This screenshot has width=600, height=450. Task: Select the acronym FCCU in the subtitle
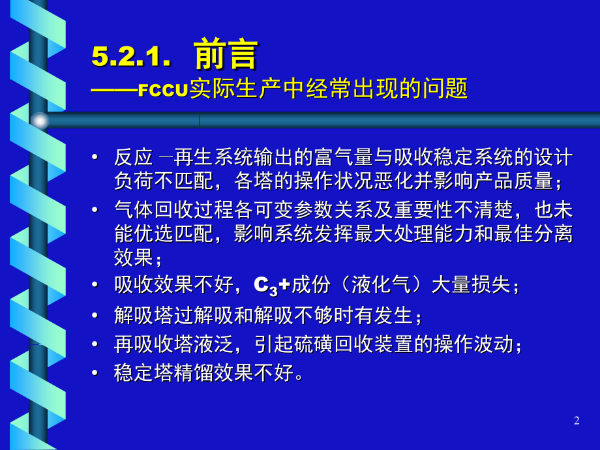point(163,89)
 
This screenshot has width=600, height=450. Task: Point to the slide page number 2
point(576,421)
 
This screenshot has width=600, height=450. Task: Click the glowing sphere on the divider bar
point(40,120)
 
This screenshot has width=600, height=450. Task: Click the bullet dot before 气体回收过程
point(96,209)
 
